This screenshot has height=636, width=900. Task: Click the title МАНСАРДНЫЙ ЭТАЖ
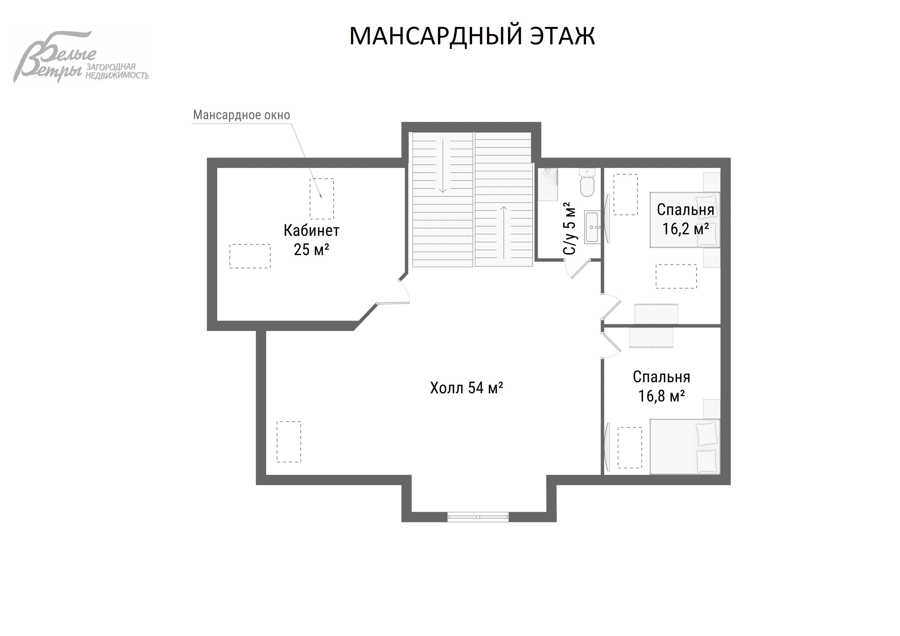click(472, 36)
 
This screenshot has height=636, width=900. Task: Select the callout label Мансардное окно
click(241, 115)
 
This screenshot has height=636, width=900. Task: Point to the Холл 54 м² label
click(466, 388)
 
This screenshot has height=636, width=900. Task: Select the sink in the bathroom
click(592, 227)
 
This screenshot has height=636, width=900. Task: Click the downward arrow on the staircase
click(443, 166)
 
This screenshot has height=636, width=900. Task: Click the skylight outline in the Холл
click(289, 442)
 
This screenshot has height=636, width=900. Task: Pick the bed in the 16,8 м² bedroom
click(684, 446)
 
